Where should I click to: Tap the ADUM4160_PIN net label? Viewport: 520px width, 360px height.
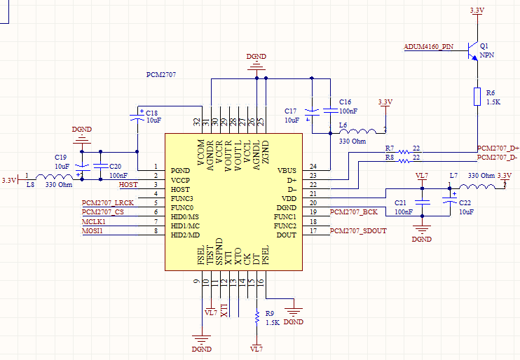click(428, 47)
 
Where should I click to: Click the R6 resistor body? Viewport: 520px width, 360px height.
click(477, 97)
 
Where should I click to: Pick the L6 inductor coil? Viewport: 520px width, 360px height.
click(358, 130)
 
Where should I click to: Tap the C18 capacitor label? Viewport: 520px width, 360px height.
click(151, 113)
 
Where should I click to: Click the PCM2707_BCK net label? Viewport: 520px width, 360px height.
click(353, 212)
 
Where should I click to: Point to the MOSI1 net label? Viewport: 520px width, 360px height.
click(93, 231)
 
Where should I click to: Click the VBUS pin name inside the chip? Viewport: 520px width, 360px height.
click(287, 170)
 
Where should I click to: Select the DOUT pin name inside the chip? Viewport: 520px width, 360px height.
click(287, 235)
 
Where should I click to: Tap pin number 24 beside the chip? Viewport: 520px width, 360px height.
click(313, 166)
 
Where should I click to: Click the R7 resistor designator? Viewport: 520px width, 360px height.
click(390, 149)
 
